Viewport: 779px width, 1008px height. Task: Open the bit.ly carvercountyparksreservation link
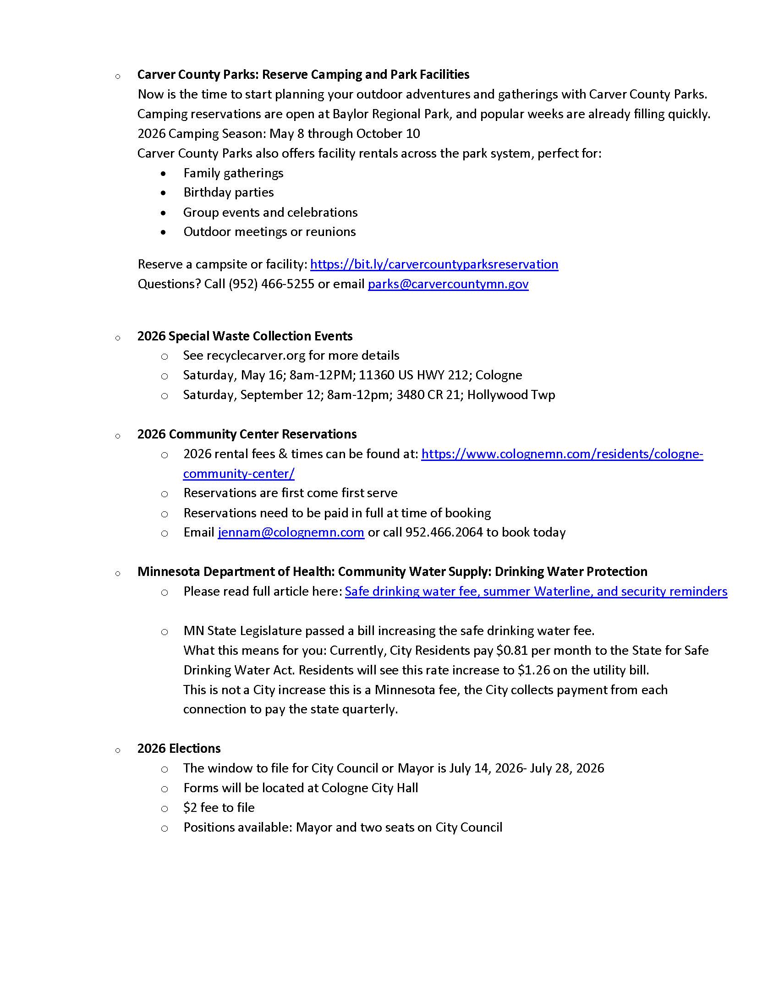point(434,264)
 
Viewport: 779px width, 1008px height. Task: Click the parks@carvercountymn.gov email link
point(448,284)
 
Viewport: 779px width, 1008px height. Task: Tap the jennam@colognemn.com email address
point(291,532)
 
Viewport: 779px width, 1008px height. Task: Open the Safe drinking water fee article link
point(536,592)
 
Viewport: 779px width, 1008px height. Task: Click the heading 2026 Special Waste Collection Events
point(245,336)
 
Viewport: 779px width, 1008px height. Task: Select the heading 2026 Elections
point(179,749)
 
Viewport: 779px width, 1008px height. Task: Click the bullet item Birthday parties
point(229,192)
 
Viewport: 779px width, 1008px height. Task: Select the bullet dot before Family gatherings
point(164,174)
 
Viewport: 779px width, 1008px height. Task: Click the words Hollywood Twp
point(511,395)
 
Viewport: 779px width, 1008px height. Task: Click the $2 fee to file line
point(219,808)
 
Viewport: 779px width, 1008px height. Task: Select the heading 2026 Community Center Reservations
point(247,434)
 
